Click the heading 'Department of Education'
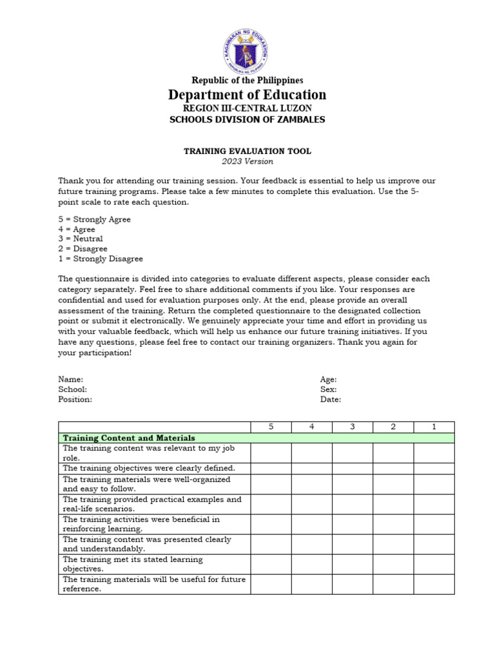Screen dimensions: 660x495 247,95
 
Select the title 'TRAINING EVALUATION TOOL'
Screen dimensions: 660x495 247,151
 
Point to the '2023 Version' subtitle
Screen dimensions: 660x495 247,161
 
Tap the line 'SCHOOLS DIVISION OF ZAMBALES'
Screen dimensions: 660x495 247,119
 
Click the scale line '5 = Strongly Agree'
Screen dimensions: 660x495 94,219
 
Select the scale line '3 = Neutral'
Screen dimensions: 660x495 81,238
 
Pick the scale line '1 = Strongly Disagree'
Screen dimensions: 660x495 101,258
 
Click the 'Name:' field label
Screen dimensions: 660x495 71,380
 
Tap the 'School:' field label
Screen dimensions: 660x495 73,389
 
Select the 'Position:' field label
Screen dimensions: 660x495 75,399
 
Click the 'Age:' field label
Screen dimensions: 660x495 328,380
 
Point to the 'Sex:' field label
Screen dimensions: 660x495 328,389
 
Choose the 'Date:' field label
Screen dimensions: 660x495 331,399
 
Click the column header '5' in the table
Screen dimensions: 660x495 271,427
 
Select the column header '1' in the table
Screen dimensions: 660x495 434,427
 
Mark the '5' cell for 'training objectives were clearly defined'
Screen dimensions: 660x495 271,468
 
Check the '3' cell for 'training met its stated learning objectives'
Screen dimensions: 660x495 353,565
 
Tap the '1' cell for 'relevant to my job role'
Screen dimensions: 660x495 434,452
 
